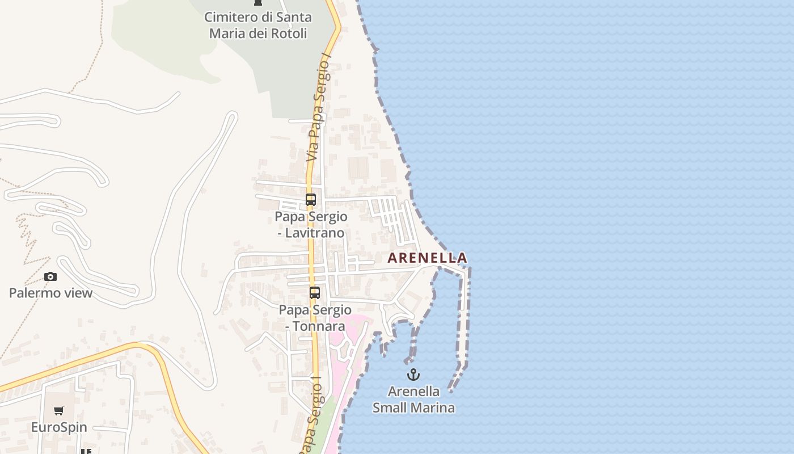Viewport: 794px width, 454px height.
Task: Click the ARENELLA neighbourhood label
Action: [427, 258]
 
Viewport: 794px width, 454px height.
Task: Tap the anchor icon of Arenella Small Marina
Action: [413, 375]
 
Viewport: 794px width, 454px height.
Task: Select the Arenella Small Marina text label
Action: [413, 400]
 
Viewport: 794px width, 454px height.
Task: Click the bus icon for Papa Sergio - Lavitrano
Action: [311, 200]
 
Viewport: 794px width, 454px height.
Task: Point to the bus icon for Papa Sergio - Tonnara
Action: [315, 293]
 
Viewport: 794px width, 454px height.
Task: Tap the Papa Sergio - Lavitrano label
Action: [311, 225]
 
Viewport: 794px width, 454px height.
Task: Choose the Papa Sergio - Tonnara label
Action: [315, 318]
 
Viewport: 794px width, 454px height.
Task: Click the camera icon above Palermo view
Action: [50, 277]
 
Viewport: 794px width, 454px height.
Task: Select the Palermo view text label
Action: [50, 293]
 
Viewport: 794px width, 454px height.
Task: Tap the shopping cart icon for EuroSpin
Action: [59, 411]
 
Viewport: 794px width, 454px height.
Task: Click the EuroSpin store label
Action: [59, 427]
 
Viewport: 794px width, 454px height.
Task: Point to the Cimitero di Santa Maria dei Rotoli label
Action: [258, 25]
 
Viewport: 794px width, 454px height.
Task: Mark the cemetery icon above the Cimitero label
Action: [258, 2]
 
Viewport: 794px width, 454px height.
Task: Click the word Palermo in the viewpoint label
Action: [33, 293]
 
